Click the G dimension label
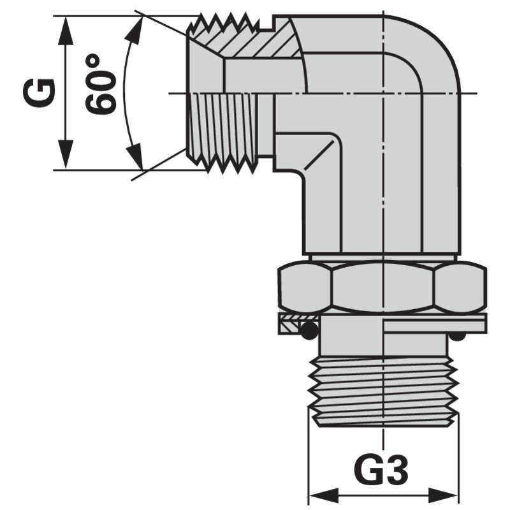40,92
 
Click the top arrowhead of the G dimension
66,31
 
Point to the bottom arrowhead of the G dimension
66,154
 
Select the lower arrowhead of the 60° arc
136,156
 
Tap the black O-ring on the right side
456,337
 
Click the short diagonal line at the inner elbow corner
319,155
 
